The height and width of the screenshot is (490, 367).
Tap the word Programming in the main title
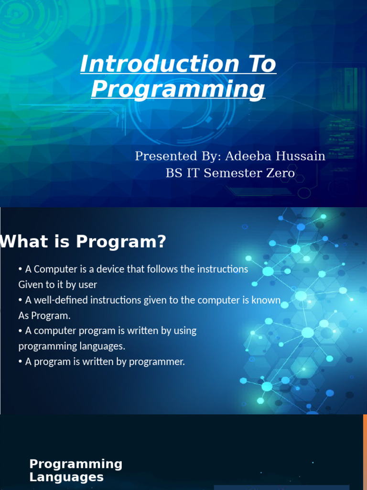(178, 89)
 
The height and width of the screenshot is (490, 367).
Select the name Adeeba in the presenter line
(248, 156)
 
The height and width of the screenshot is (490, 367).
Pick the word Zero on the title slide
(280, 173)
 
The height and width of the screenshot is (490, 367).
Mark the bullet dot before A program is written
(20, 362)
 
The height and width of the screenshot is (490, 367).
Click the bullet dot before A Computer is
(20, 269)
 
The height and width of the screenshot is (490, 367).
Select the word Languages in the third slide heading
(66, 477)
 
